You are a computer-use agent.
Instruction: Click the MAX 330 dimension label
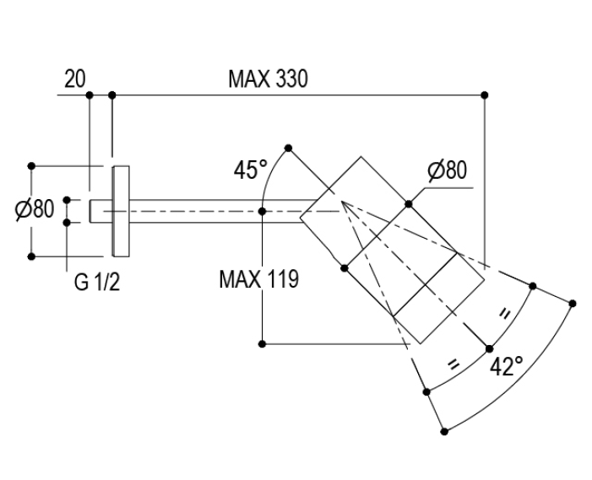pos(268,80)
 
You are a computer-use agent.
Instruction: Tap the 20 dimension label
pos(74,80)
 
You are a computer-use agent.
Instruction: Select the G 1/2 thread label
pos(96,282)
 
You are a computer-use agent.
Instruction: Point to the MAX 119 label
pos(258,279)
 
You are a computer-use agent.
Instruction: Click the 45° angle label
pos(251,170)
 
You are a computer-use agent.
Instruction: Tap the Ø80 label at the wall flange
pos(34,209)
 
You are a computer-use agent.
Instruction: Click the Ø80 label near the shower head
pos(447,170)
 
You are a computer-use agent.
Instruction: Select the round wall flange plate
pos(120,210)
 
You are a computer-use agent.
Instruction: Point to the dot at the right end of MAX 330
pos(485,94)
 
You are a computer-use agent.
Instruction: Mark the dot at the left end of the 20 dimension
pos(90,94)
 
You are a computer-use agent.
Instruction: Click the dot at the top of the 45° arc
pos(289,148)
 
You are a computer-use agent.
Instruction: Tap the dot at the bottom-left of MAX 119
pos(263,343)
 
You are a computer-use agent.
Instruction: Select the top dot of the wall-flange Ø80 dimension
pos(31,165)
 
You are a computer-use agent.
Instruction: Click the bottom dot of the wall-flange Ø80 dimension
pos(31,256)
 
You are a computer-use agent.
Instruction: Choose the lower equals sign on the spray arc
pos(454,364)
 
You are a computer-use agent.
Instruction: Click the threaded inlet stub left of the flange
pos(100,210)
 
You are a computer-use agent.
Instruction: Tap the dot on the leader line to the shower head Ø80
pos(409,202)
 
